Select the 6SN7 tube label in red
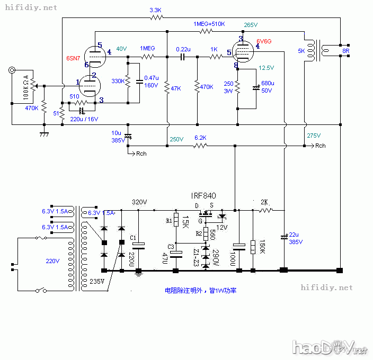[x=74, y=57]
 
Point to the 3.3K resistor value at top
[x=156, y=10]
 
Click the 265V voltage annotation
[x=251, y=25]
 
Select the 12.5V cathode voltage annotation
[x=266, y=68]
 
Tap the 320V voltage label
[x=139, y=202]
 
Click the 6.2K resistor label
[x=200, y=138]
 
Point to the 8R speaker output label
[x=345, y=51]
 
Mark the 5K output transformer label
[x=302, y=51]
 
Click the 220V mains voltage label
[x=52, y=261]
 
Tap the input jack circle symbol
[x=12, y=70]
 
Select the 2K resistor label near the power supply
[x=265, y=202]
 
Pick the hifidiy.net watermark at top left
[x=31, y=8]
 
